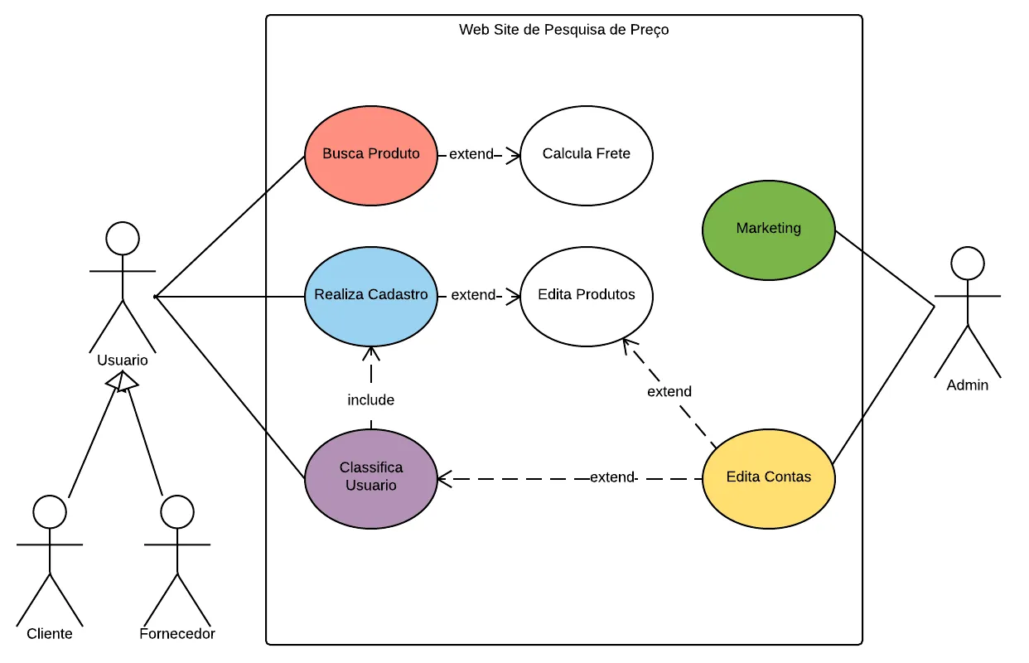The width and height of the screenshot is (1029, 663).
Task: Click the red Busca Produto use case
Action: [x=370, y=155]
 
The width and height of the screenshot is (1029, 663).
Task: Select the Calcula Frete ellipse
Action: [x=587, y=155]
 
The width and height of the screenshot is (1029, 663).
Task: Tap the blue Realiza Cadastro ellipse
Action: [x=370, y=296]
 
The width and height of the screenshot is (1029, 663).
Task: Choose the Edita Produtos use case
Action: [x=587, y=296]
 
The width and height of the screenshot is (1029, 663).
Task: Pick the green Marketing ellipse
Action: [x=768, y=230]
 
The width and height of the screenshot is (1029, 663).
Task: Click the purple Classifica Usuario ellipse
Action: [x=370, y=478]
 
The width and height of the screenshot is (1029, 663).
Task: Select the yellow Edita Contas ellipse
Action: [x=768, y=478]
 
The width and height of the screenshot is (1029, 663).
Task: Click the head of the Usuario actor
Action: [x=123, y=238]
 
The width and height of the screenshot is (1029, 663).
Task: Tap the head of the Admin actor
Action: [x=967, y=264]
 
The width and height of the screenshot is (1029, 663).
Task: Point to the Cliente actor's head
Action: [x=50, y=512]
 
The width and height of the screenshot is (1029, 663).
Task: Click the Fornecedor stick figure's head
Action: [x=176, y=512]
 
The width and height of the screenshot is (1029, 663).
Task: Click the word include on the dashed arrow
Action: [x=370, y=400]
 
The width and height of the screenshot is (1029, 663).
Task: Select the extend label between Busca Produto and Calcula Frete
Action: [x=471, y=154]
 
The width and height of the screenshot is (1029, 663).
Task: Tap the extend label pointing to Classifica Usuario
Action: [x=612, y=477]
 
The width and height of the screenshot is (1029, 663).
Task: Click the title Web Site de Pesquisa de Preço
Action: [x=563, y=30]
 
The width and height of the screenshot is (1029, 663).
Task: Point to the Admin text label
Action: [x=968, y=385]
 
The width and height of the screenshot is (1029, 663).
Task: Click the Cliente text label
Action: [x=50, y=634]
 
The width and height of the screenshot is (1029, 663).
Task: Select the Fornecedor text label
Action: [x=177, y=634]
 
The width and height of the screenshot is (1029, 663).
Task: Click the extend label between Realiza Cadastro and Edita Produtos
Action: [x=473, y=295]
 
